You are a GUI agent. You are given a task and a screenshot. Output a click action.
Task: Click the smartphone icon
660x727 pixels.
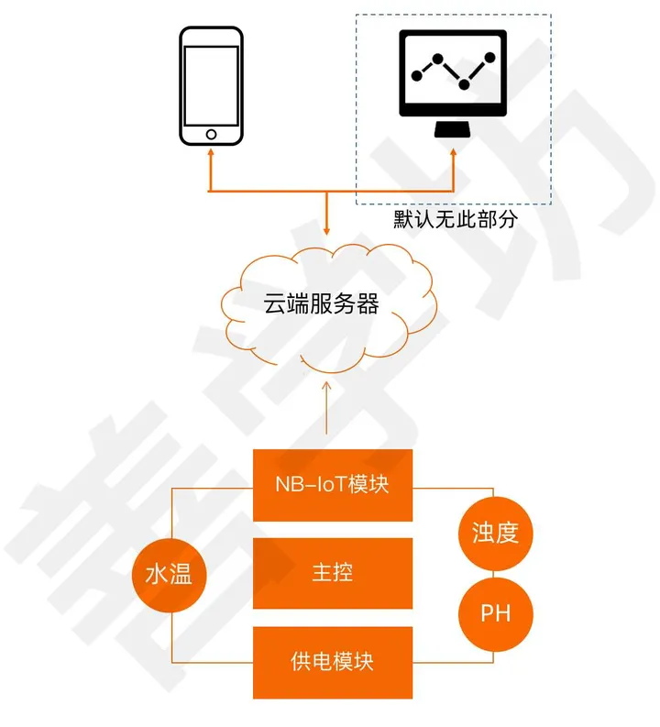coord(211,85)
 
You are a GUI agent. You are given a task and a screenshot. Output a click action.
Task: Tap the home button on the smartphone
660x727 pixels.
coord(211,134)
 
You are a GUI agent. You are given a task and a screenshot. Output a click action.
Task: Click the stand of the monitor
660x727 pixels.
coord(453,129)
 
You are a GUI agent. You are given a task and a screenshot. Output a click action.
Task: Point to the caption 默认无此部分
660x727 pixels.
coord(456,220)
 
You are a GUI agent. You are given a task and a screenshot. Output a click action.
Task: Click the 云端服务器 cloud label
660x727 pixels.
coord(322,304)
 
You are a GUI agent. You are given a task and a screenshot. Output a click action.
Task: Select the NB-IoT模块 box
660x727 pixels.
coord(332,484)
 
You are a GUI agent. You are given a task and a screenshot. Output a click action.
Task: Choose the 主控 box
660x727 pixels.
coord(332,573)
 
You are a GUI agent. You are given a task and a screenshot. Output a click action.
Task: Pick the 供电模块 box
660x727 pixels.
coord(332,661)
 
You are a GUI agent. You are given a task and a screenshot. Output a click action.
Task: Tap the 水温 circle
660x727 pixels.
coord(170,575)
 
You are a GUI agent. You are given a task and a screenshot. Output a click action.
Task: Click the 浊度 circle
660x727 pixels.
coord(495,533)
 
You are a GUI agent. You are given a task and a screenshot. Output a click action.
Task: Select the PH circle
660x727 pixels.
coord(495,613)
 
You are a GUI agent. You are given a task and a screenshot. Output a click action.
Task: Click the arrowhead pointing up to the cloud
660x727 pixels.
coord(326,387)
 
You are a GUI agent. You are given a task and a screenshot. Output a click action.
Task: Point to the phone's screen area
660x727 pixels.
coord(211,84)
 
